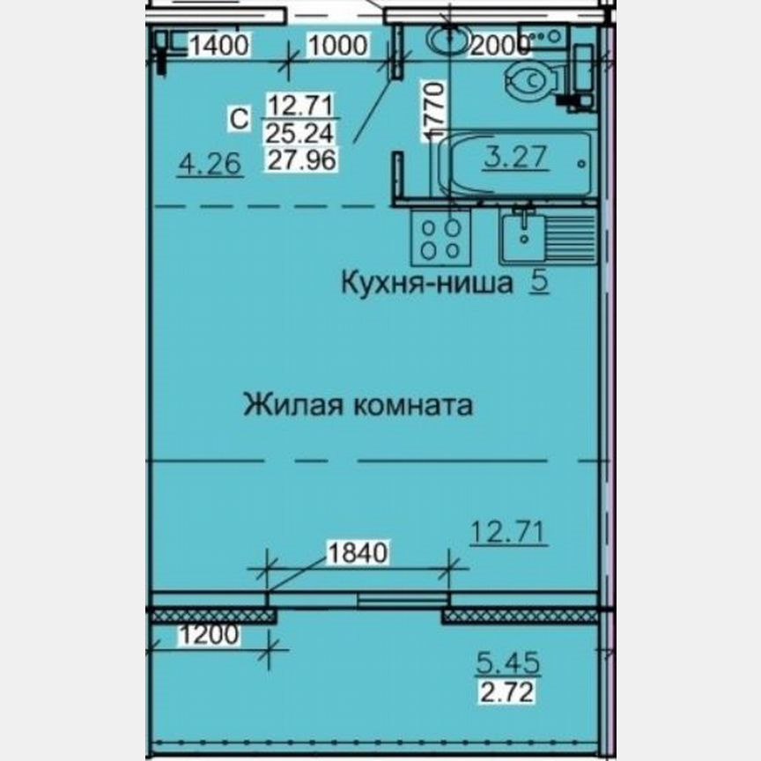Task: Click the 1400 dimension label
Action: tap(219, 46)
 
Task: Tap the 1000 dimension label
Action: tap(338, 46)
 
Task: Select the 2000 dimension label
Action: tap(500, 46)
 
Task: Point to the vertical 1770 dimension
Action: tap(433, 111)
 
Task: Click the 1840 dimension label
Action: tap(358, 552)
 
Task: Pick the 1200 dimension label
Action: tap(209, 635)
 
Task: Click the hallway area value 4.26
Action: tap(211, 164)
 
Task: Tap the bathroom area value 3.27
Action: tap(516, 157)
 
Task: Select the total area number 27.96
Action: tap(302, 159)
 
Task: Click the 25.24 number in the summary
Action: tap(300, 133)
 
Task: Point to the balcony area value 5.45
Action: tap(507, 663)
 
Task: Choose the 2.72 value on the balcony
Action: tap(506, 692)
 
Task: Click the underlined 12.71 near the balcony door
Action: tap(508, 532)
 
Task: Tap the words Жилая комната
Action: tap(358, 405)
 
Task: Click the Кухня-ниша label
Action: tap(427, 283)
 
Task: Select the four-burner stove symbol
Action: tap(440, 239)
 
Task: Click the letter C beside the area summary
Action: tap(239, 118)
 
